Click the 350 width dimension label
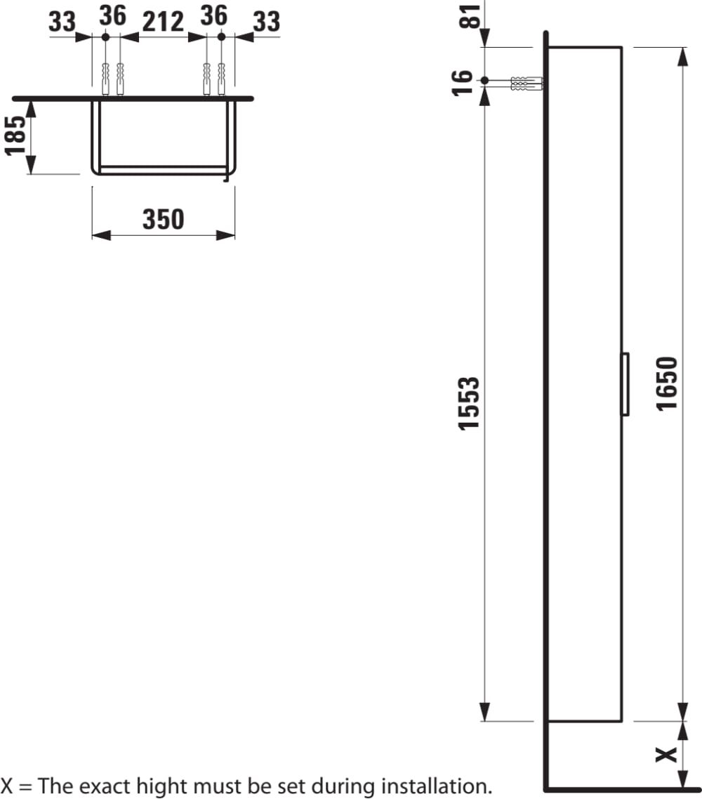tap(163, 219)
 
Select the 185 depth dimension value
tap(15, 135)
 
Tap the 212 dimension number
tap(163, 21)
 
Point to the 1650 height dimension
tap(667, 383)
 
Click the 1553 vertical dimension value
tap(469, 404)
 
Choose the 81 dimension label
tap(470, 15)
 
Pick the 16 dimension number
tap(463, 83)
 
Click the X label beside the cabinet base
tap(666, 755)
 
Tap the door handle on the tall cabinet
tap(625, 384)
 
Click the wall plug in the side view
tap(526, 84)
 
